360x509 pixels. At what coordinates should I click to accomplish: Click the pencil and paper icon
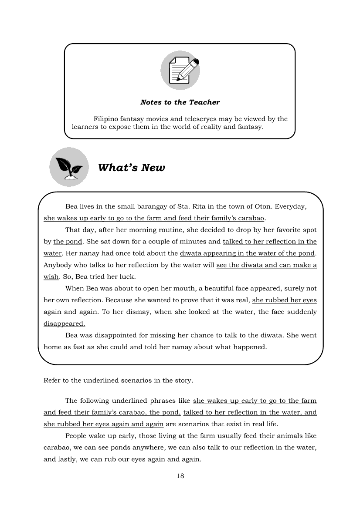pos(180,70)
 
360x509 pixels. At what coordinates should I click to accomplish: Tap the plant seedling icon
pos(69,167)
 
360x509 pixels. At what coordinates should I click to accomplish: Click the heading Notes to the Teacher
pos(180,102)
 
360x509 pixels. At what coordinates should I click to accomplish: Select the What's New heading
pos(132,168)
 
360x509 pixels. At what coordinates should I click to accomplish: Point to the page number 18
pos(180,475)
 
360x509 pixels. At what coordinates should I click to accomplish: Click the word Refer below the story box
pos(52,380)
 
